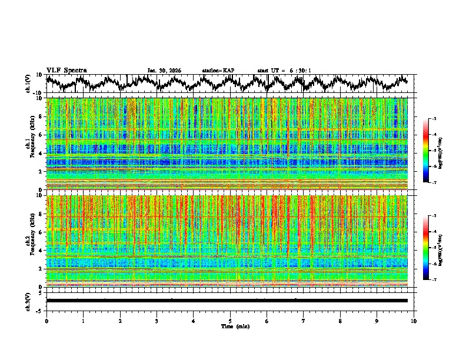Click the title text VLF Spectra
coord(66,71)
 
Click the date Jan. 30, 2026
coord(164,71)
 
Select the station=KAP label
coord(218,71)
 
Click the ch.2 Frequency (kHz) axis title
coord(29,241)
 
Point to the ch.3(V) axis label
coord(28,301)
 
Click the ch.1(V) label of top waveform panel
coord(28,84)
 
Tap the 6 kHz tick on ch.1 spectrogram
coord(41,135)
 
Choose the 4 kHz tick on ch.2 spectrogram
coord(41,251)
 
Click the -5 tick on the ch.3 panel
coord(39,310)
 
